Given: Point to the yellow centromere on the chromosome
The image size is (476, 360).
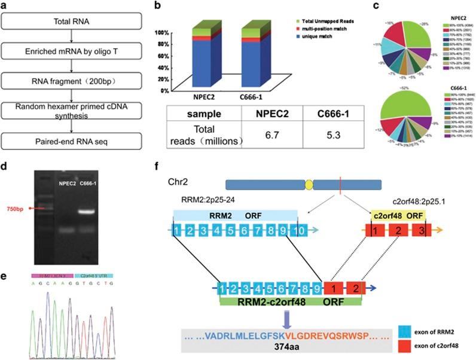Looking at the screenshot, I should [309, 185].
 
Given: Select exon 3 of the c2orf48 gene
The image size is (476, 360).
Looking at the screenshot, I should [420, 230].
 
